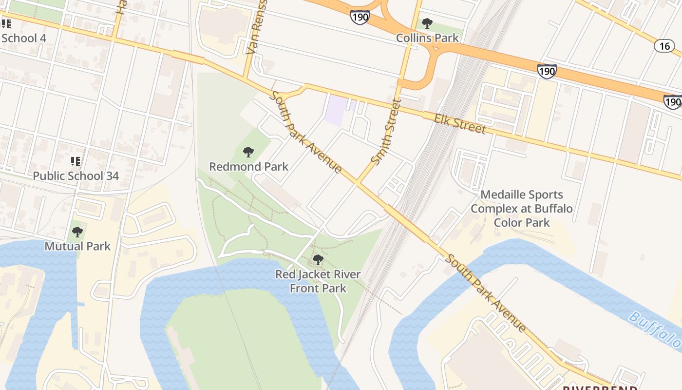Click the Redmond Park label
point(248,167)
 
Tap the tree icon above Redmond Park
point(248,152)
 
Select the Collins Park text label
point(427,38)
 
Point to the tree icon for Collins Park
point(427,23)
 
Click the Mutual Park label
point(77,246)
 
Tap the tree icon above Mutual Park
point(77,232)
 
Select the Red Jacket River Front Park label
point(318,281)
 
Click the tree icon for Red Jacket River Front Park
point(318,260)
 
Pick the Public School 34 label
point(76,176)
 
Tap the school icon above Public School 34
point(76,161)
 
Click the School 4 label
point(19,38)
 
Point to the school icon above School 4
point(6,23)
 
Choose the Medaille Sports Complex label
point(522,209)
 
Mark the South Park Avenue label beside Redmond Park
point(306,132)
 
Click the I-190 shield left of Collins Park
point(360,17)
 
